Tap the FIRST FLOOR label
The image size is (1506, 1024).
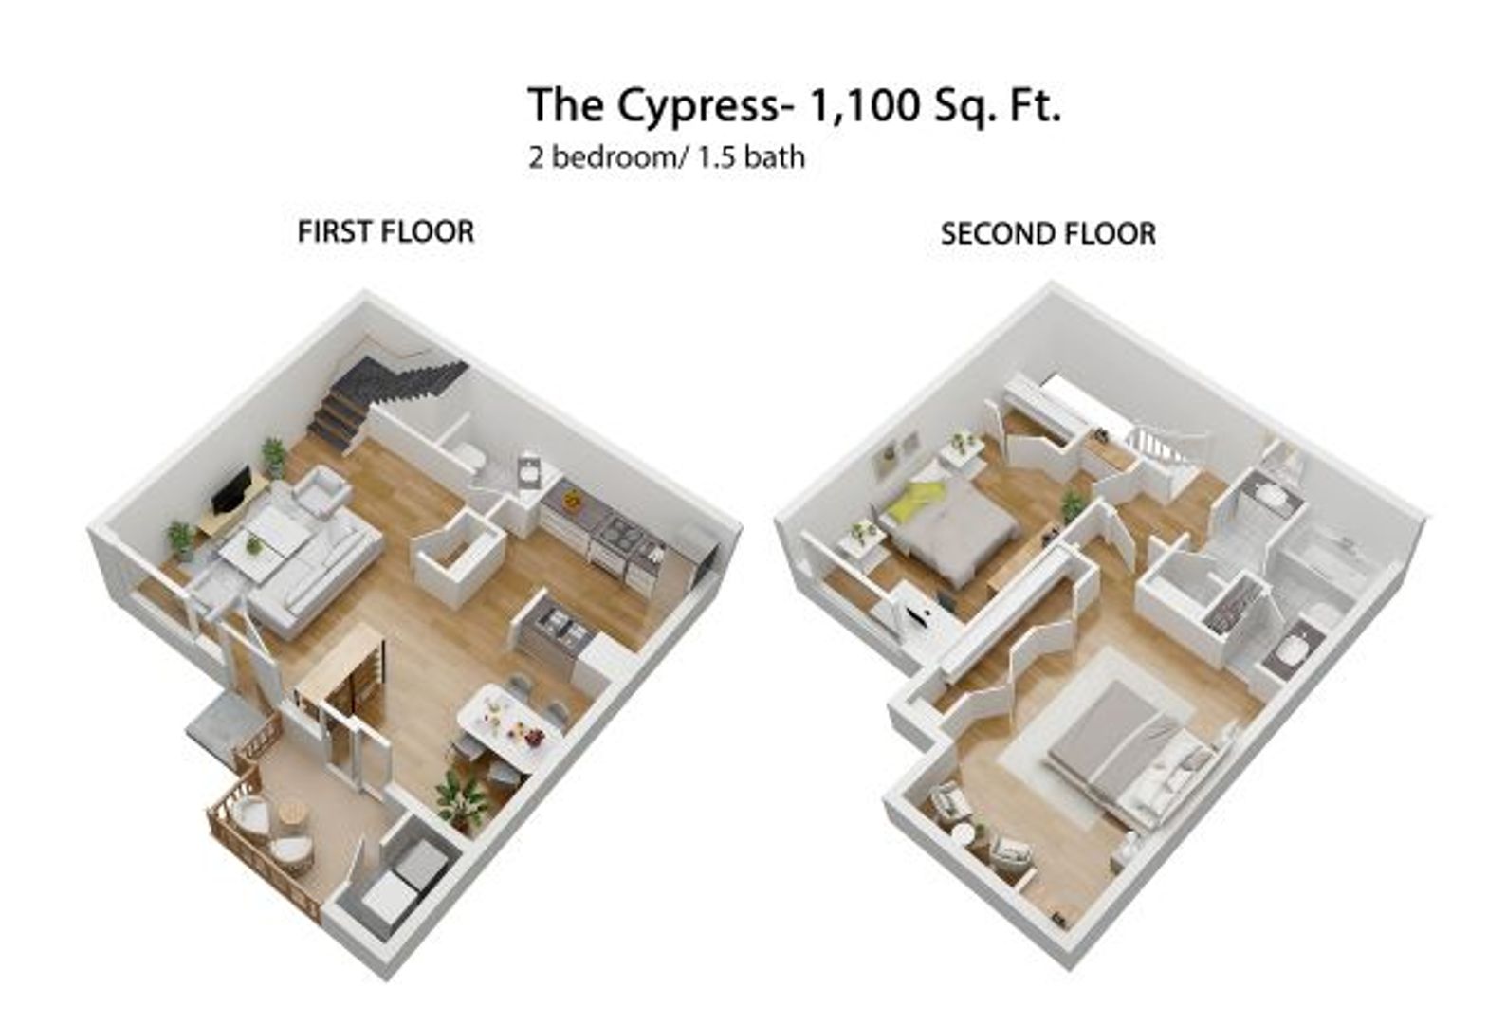pos(385,231)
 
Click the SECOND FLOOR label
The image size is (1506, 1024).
pos(1047,233)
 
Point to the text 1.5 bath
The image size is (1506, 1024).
pos(751,156)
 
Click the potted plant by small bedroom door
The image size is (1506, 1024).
pos(1073,505)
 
